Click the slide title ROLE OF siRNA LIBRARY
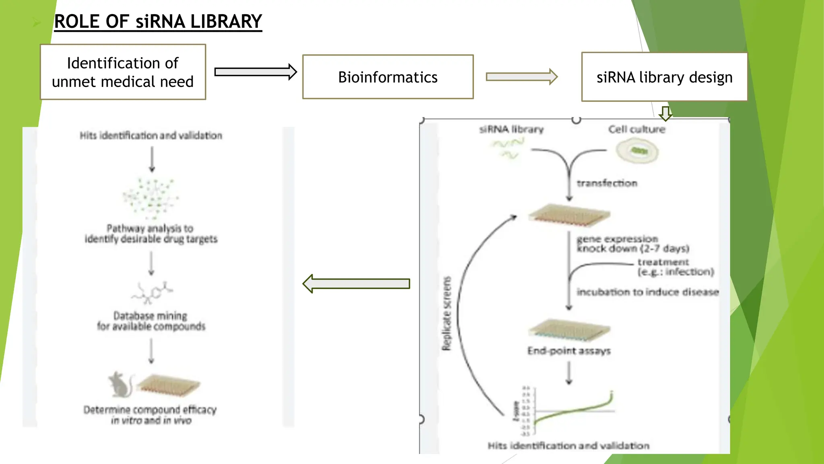[158, 21]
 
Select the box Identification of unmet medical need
[123, 72]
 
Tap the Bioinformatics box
[387, 77]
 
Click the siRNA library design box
[664, 77]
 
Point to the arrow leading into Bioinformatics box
[255, 72]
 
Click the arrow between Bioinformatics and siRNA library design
[521, 77]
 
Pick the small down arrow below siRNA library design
[665, 113]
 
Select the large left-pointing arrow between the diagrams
[356, 284]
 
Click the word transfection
[607, 183]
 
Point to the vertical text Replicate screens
[447, 313]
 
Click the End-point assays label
[569, 351]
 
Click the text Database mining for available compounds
[151, 321]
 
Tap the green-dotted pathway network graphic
[151, 197]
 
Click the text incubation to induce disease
[647, 292]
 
